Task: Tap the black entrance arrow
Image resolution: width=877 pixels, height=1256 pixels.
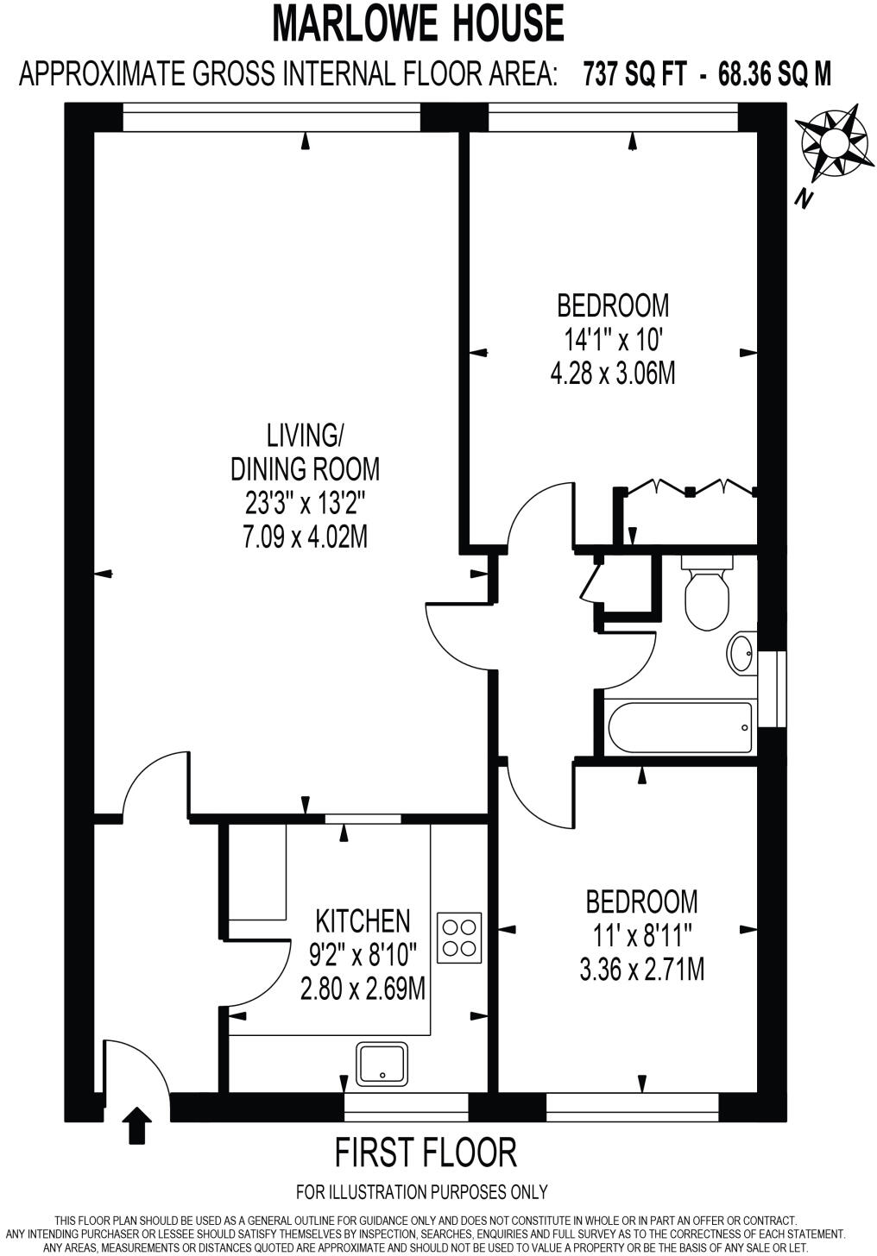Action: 136,1126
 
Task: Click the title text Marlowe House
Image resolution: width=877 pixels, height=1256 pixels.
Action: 420,23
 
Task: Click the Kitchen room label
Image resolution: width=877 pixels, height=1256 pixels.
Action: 363,920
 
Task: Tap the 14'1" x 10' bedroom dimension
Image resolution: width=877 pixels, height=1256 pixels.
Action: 612,340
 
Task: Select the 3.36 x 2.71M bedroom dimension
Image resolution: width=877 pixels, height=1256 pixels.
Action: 641,970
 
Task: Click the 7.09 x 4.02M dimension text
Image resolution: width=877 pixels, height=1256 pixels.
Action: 305,537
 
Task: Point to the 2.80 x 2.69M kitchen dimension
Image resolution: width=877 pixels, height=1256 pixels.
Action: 363,988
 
